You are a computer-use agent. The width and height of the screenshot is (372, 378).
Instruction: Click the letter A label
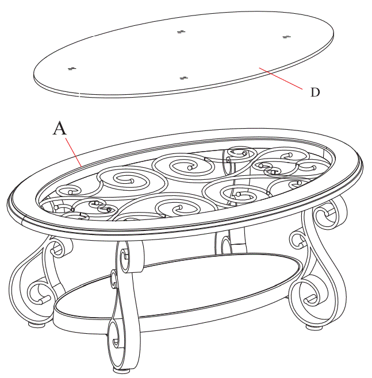point(59,128)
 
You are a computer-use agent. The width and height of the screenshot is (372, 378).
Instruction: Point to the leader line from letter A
point(72,151)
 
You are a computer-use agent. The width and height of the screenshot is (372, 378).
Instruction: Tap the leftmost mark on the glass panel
point(72,69)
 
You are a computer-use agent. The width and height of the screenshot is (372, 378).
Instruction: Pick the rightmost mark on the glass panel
point(287,37)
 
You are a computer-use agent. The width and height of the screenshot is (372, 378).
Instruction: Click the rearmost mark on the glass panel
point(182,31)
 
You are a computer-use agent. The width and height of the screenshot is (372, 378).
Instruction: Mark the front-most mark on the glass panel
point(184,78)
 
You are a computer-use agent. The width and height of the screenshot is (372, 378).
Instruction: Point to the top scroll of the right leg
point(327,215)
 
